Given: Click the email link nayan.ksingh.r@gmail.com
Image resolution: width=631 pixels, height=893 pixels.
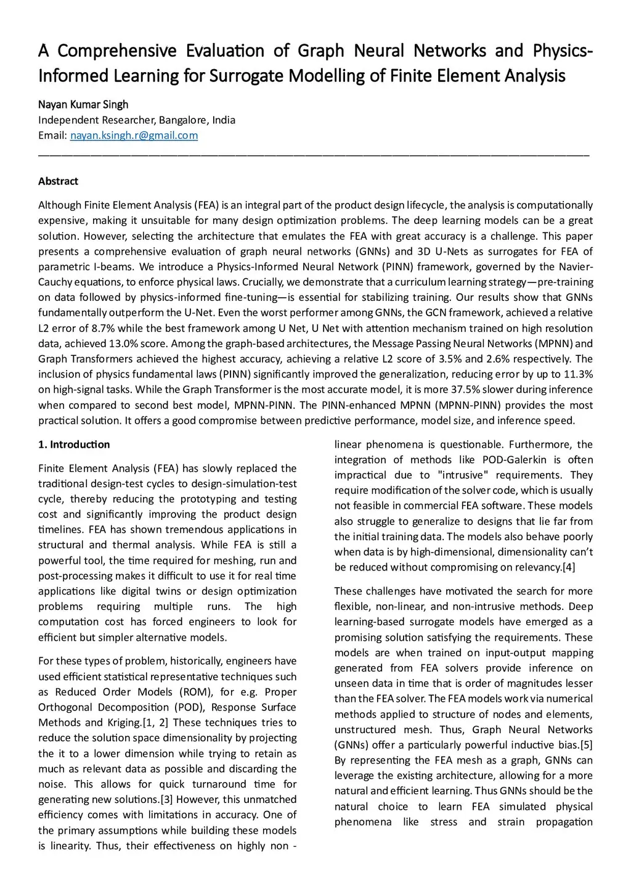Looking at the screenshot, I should click(134, 136).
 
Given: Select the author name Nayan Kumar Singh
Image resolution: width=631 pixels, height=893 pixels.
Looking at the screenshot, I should click(83, 105).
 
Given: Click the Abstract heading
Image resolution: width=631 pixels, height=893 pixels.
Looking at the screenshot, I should click(58, 181).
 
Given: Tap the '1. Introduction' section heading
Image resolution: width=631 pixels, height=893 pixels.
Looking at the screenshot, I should click(74, 445).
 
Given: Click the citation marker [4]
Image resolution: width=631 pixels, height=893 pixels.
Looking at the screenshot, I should click(568, 567).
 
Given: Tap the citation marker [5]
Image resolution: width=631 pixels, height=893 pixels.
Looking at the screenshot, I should click(586, 745).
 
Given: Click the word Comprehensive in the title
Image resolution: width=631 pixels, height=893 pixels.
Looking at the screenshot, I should click(118, 51).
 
